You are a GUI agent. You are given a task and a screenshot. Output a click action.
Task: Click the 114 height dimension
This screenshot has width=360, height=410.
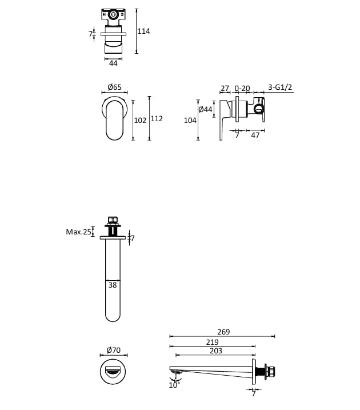click(144, 31)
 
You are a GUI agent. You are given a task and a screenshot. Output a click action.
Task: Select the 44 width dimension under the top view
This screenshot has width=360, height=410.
click(113, 63)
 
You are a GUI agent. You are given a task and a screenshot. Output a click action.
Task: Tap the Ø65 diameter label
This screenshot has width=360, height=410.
click(114, 87)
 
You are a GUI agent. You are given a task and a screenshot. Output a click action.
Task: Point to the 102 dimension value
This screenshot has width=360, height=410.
click(140, 120)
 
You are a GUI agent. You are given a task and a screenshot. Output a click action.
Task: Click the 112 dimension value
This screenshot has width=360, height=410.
click(157, 119)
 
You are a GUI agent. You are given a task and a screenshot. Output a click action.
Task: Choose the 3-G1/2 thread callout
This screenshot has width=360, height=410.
click(280, 87)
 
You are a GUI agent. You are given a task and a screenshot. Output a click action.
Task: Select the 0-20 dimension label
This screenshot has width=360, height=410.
click(242, 88)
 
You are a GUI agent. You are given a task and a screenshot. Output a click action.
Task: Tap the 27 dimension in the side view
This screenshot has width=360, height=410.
click(225, 88)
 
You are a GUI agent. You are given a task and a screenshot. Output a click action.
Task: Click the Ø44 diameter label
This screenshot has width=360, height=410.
click(205, 109)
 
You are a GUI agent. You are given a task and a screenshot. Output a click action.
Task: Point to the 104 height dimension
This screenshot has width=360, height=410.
click(190, 120)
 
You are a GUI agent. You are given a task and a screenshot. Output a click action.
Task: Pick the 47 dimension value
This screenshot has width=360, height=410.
click(255, 136)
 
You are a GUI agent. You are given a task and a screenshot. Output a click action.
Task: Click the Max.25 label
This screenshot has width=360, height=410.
click(78, 232)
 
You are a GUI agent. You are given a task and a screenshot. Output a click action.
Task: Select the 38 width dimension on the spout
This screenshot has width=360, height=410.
click(113, 285)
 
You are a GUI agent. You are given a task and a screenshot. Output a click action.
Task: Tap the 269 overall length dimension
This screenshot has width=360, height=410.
click(223, 332)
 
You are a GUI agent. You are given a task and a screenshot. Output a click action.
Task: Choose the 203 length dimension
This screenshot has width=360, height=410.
click(216, 351)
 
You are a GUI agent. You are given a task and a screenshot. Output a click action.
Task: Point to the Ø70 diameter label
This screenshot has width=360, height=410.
click(114, 351)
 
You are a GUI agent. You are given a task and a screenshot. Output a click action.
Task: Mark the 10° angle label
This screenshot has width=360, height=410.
click(174, 385)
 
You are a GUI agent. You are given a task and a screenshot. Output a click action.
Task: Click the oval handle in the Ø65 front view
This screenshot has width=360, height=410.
click(115, 119)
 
